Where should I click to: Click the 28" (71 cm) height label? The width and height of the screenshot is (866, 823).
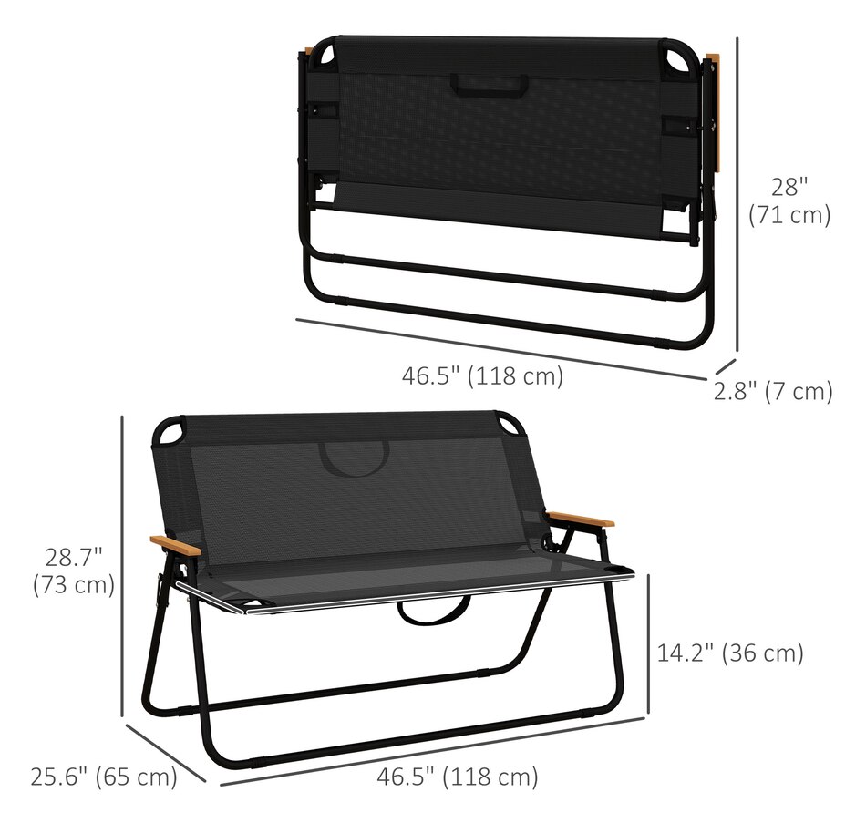point(789,201)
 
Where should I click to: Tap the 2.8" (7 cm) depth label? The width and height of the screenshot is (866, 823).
point(773,392)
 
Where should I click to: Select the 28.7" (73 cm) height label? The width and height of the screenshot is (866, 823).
point(73,571)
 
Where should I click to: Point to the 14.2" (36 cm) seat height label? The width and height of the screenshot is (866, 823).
point(730,653)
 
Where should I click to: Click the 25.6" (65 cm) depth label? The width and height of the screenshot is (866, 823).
point(103,777)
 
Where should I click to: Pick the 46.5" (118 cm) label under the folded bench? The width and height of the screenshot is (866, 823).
point(482,375)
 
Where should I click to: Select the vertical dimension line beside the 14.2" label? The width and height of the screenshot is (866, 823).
point(648,643)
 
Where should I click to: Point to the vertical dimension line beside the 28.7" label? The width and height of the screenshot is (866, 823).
point(122,565)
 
